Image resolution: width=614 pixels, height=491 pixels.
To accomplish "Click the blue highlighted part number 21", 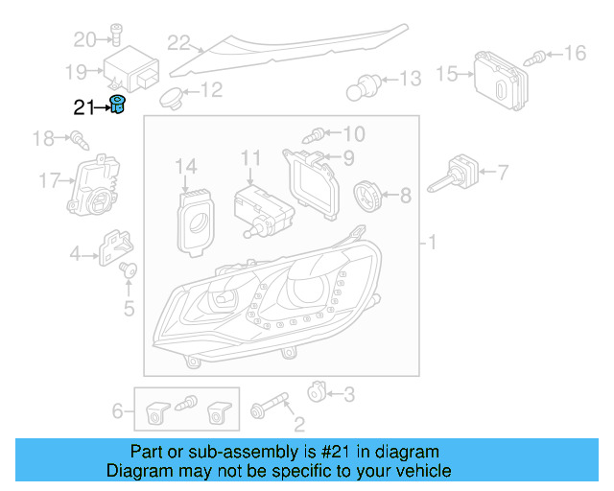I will point(118,105).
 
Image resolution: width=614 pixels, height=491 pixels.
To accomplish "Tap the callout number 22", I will point(178,42).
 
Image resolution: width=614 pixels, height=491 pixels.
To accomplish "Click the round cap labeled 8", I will point(367,195).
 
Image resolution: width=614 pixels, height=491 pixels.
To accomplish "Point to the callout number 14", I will point(185,168).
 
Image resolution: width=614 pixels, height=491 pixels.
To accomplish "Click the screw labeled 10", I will point(319,134).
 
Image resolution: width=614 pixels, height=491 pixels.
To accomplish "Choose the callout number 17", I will point(50,180).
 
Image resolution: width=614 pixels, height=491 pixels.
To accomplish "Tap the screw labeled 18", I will point(78,142).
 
